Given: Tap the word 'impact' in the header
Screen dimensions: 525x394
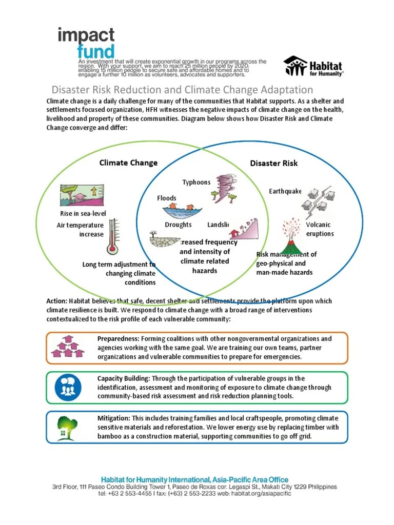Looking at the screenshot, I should [86, 36].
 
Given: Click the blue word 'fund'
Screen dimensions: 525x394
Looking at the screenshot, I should [95, 52].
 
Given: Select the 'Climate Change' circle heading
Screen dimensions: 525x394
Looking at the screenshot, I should [128, 163].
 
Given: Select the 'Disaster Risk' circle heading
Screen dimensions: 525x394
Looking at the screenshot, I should [273, 163].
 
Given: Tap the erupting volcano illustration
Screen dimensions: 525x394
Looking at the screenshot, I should [291, 237].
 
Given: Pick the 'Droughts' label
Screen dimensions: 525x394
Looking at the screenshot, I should [178, 225].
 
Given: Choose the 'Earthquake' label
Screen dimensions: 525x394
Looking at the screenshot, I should [285, 191].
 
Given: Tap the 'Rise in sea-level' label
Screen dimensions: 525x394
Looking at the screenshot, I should [82, 213].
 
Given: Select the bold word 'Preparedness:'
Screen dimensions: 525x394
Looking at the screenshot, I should [118, 339].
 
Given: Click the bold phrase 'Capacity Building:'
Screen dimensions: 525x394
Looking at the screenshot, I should [123, 378].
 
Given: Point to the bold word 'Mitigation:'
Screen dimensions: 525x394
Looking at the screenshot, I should [113, 418].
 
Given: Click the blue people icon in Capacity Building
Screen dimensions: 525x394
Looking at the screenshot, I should [68, 387].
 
